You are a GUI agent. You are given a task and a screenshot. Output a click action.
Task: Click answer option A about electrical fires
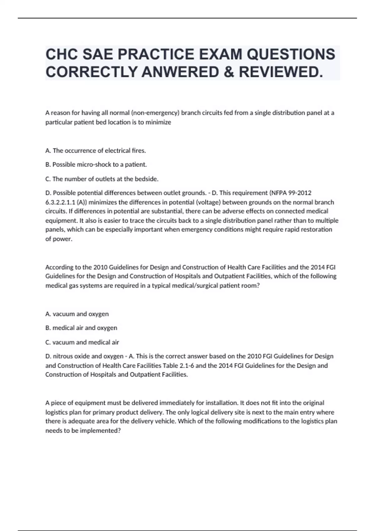[96, 151]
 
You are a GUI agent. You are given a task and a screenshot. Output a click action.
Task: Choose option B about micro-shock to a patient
[96, 164]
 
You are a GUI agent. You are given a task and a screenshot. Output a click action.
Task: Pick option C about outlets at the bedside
[102, 179]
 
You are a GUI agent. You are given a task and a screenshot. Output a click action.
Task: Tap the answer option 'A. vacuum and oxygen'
[77, 314]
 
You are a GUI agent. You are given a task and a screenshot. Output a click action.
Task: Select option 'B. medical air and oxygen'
[81, 328]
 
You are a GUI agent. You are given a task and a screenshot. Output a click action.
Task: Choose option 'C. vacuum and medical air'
[82, 342]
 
